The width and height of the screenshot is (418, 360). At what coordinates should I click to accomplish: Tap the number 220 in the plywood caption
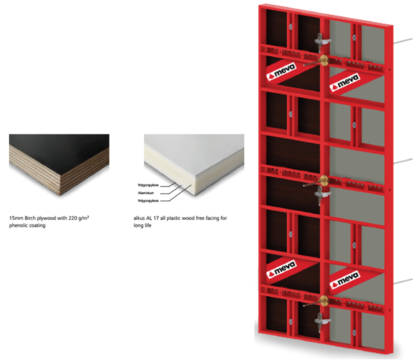tap(73, 218)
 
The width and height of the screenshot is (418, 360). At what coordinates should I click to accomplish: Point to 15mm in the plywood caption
tap(16, 218)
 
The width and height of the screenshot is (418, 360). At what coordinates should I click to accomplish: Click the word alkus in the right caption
tap(139, 218)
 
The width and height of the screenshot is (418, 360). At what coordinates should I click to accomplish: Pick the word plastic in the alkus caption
tap(173, 218)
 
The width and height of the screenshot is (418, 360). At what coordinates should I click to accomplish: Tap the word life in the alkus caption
tap(148, 225)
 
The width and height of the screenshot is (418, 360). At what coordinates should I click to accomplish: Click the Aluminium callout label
tap(146, 193)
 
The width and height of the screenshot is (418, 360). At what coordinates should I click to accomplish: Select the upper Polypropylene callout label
tap(148, 185)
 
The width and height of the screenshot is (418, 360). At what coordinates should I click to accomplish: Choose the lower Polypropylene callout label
tap(148, 200)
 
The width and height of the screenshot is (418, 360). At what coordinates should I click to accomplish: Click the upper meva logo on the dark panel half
tap(281, 71)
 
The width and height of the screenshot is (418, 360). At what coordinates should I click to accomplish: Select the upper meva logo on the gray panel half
tap(345, 82)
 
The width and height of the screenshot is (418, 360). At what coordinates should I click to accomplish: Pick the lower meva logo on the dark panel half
tap(281, 269)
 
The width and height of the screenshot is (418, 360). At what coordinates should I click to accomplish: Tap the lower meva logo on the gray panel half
tap(345, 280)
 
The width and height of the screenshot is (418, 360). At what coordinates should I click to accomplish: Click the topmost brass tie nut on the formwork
tap(324, 60)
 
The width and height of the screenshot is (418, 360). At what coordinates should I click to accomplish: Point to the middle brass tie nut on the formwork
tap(324, 180)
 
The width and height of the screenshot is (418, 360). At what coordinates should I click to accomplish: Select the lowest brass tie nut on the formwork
tap(324, 300)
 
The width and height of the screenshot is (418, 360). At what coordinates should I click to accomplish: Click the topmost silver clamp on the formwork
tap(322, 42)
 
